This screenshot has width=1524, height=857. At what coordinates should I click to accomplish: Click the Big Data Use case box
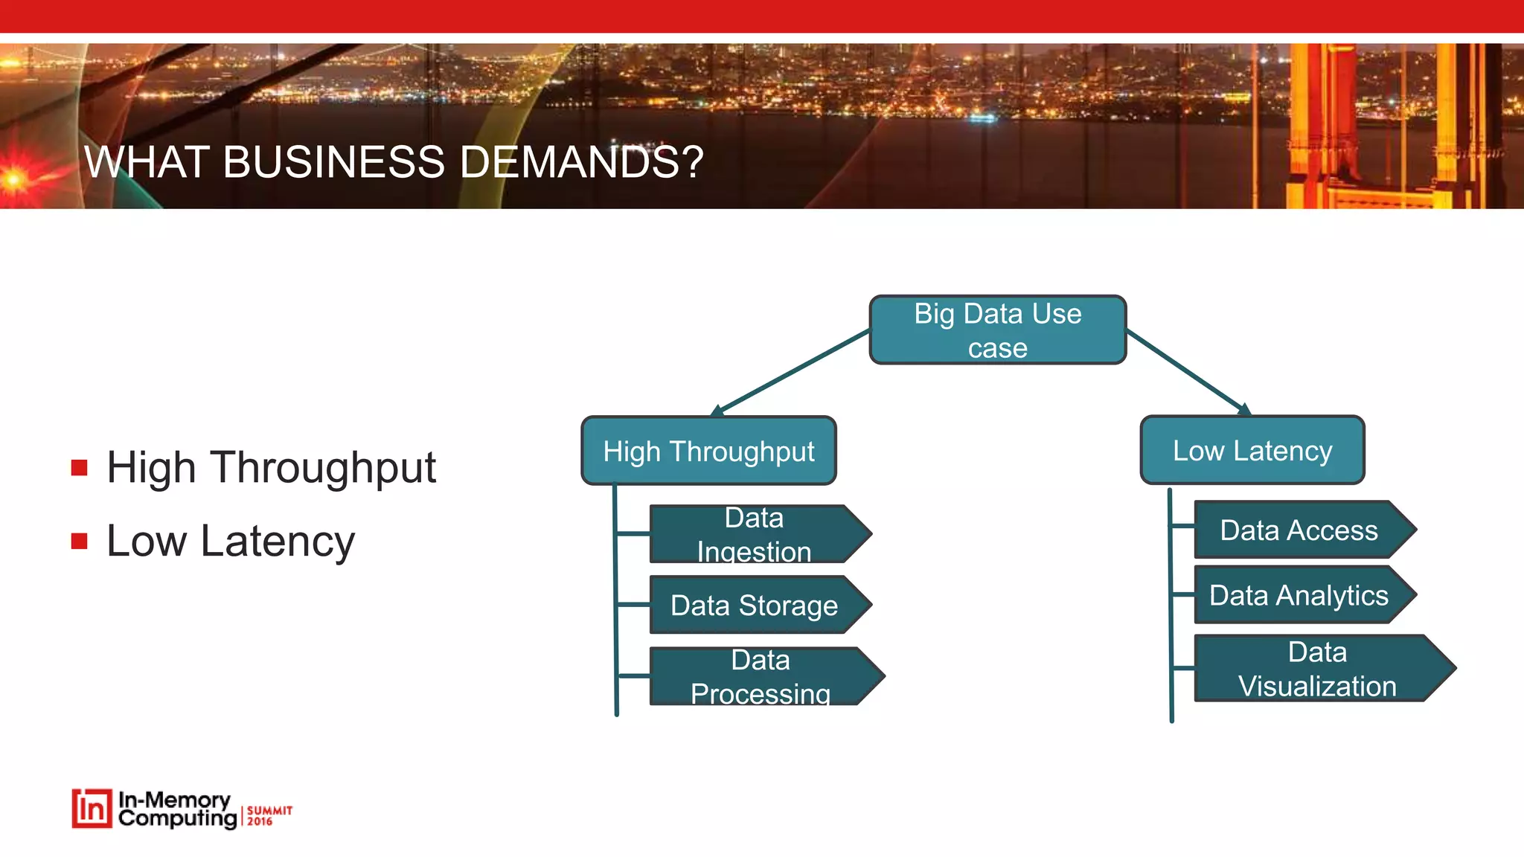pos(997,330)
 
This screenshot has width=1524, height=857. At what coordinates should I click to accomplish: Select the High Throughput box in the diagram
pos(708,451)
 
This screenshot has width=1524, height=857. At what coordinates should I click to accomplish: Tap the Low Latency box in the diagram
pos(1252,450)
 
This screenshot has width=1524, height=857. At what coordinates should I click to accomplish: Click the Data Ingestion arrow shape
pos(755,534)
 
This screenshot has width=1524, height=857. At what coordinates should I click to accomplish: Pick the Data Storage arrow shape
pos(755,605)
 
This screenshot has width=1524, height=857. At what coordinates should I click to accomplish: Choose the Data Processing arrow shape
pos(761,676)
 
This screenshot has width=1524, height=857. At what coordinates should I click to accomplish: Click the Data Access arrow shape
pos(1299,530)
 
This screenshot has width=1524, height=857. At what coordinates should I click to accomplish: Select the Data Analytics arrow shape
pos(1299,595)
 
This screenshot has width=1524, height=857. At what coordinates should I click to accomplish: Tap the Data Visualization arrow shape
pos(1317,668)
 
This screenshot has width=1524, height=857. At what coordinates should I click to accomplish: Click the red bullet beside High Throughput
pos(80,468)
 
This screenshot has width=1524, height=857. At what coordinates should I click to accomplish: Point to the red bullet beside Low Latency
pos(80,541)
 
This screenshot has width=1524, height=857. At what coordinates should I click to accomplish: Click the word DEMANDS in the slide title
pos(580,161)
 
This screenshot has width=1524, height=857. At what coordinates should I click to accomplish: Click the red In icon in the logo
pos(92,809)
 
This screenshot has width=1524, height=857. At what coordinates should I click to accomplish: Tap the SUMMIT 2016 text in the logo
pos(269,815)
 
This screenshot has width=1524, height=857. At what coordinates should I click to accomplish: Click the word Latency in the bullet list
pos(278,541)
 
